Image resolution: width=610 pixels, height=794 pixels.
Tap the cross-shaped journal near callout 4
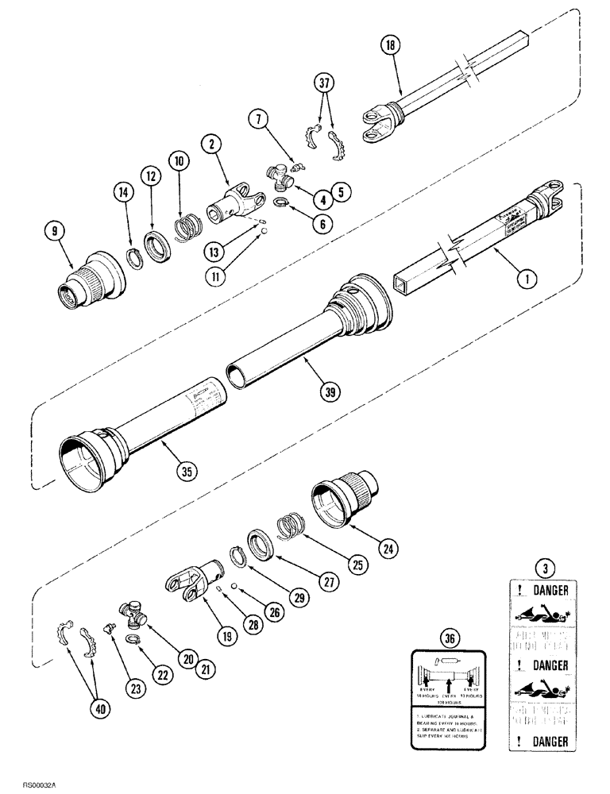pyautogui.click(x=282, y=178)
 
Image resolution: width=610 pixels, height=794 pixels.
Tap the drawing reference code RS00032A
pyautogui.click(x=29, y=781)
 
